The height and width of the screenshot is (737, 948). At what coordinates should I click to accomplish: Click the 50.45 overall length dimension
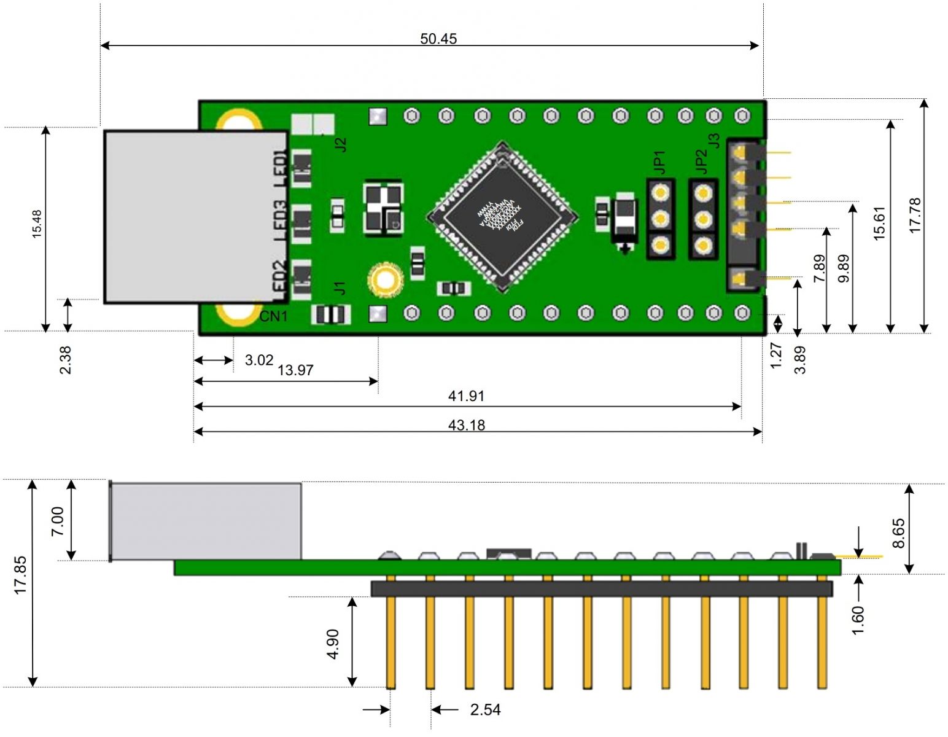[438, 39]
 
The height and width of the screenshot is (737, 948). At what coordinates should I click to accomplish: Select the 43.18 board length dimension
[466, 425]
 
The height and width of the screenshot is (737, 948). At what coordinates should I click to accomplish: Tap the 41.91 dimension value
[466, 396]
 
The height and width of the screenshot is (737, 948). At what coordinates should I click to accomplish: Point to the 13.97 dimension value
[295, 370]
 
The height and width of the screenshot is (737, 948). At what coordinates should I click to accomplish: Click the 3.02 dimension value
[258, 360]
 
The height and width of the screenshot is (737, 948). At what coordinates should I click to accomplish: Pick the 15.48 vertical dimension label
[37, 224]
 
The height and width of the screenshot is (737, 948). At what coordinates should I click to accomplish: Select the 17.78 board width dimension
[915, 215]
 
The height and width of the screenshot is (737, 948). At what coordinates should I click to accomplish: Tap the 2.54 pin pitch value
[485, 710]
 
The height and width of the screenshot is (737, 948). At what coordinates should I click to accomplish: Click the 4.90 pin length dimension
[333, 644]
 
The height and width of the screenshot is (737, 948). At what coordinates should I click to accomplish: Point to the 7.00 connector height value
[57, 521]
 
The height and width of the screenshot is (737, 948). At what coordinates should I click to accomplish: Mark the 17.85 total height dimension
[20, 575]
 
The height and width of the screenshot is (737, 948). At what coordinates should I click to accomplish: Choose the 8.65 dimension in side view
[898, 533]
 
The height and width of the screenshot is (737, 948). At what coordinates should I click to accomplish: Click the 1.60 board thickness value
[858, 620]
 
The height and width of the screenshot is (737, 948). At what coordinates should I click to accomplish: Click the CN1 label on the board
[273, 316]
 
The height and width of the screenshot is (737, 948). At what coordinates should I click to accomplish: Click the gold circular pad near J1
[385, 280]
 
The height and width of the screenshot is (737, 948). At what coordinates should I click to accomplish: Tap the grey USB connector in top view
[195, 216]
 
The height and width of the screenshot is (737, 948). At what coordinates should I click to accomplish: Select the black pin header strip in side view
[601, 589]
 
